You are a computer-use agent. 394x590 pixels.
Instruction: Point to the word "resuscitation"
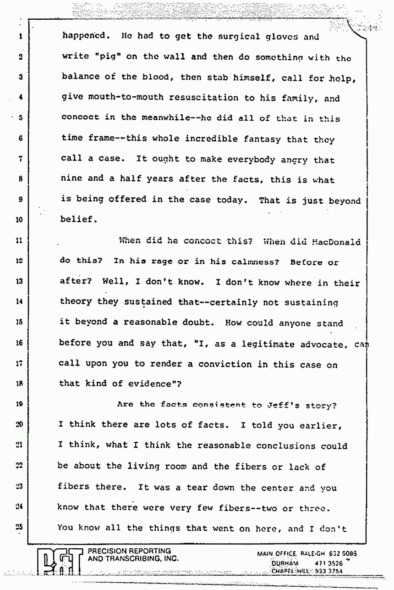pyautogui.click(x=194, y=98)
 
